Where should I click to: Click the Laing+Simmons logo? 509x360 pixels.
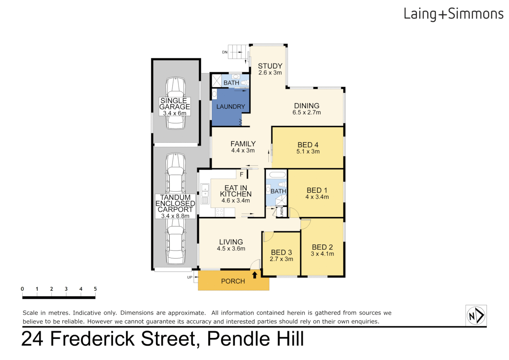click(x=453, y=14)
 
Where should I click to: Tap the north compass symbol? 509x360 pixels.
click(x=476, y=315)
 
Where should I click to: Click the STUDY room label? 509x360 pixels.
click(x=270, y=66)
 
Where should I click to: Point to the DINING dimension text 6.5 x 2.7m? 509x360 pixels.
click(x=306, y=113)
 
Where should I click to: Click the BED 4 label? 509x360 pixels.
click(x=308, y=145)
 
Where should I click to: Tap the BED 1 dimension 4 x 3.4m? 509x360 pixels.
click(x=317, y=197)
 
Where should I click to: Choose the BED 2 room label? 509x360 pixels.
click(x=322, y=247)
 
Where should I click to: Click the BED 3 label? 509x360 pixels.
click(x=281, y=252)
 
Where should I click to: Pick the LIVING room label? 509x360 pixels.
click(x=231, y=242)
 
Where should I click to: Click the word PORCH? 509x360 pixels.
click(x=233, y=281)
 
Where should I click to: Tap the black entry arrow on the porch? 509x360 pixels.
click(x=254, y=275)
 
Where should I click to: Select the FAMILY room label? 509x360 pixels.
click(x=243, y=144)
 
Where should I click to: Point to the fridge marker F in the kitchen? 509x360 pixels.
click(x=242, y=174)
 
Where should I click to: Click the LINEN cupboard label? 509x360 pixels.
click(x=282, y=212)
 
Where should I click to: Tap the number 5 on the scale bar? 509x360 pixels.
click(x=95, y=289)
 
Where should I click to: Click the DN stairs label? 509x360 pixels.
click(x=225, y=52)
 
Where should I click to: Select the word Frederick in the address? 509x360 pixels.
click(x=92, y=339)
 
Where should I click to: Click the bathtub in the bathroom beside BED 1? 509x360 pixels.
click(x=277, y=175)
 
